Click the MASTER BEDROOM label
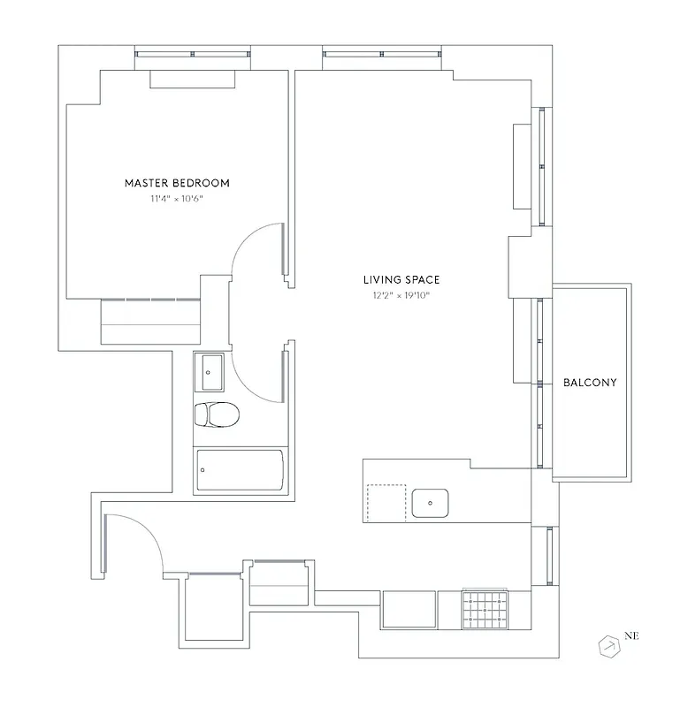[x=177, y=183]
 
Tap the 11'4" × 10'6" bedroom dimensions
[x=177, y=199]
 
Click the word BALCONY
[x=590, y=383]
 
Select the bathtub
[x=240, y=470]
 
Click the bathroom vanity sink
[x=210, y=371]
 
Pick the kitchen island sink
[x=431, y=502]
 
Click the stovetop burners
[x=485, y=608]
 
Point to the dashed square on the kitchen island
[x=386, y=503]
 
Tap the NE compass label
[x=631, y=635]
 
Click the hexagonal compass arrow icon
[x=609, y=647]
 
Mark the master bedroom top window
[x=192, y=55]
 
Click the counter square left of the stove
[x=409, y=609]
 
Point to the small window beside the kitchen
[x=550, y=555]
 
